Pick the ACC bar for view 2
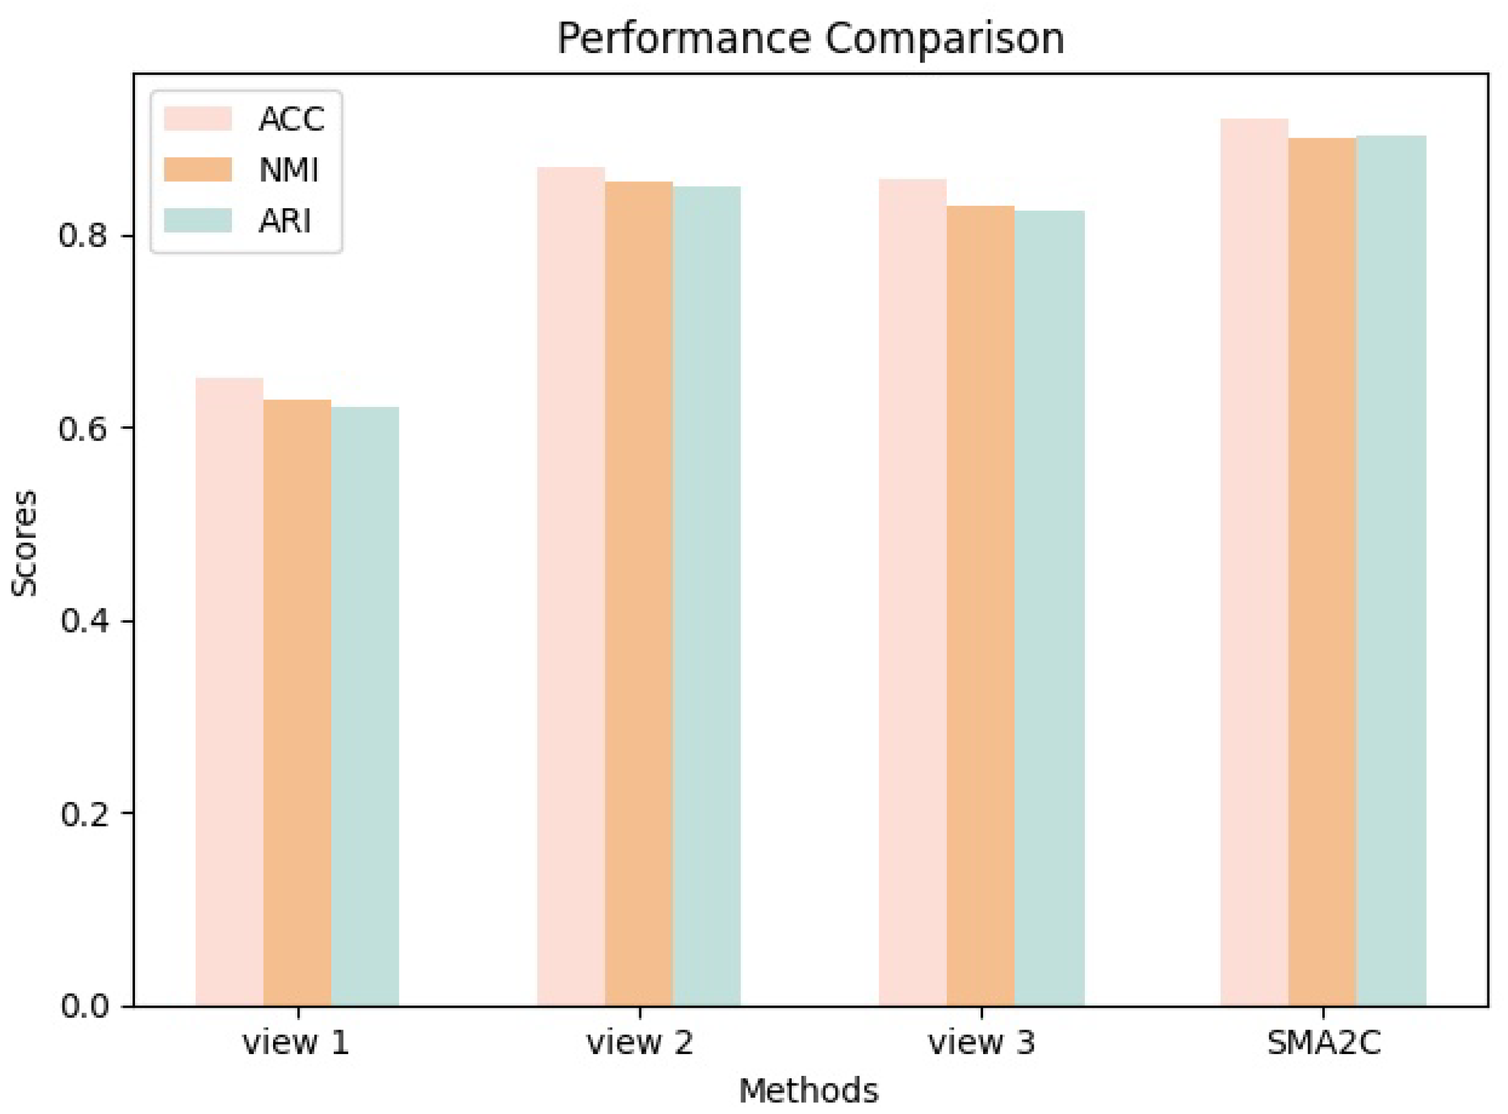pyautogui.click(x=571, y=586)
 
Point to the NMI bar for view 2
pyautogui.click(x=639, y=593)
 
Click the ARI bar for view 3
pyautogui.click(x=1049, y=608)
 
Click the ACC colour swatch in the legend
pyautogui.click(x=197, y=119)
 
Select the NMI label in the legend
pyautogui.click(x=289, y=170)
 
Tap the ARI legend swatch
pyautogui.click(x=197, y=221)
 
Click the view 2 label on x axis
pyautogui.click(x=639, y=1043)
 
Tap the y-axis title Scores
pyautogui.click(x=24, y=543)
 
